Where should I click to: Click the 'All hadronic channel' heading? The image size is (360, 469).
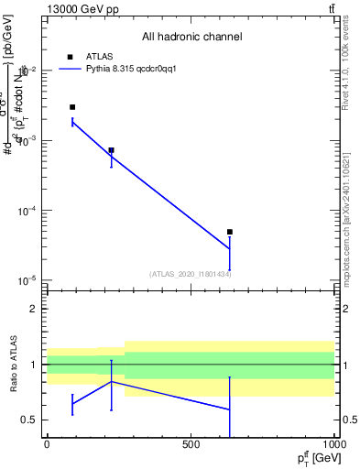(x=191, y=37)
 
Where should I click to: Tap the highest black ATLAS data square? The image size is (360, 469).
(x=72, y=107)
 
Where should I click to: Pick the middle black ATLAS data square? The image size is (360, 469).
(x=112, y=150)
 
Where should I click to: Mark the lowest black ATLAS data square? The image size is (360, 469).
(x=230, y=232)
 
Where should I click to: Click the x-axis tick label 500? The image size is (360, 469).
(x=191, y=445)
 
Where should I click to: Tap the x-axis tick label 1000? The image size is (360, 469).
(x=333, y=445)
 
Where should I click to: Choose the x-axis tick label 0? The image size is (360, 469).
(x=47, y=445)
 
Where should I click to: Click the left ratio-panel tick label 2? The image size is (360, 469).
(x=35, y=309)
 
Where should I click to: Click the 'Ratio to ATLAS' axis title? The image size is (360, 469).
(x=14, y=365)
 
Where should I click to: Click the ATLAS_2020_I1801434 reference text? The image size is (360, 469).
(x=191, y=274)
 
